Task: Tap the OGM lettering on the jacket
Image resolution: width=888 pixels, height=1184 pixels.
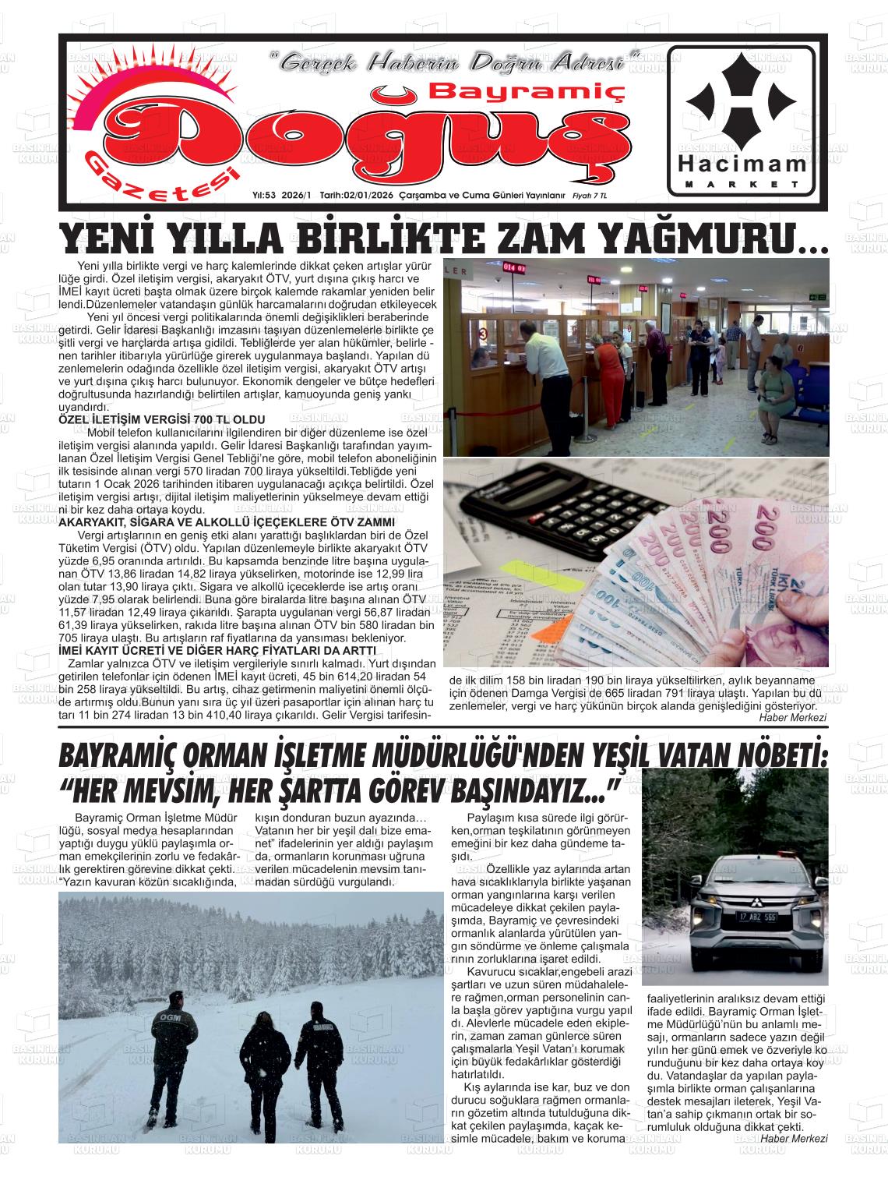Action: coord(167,1017)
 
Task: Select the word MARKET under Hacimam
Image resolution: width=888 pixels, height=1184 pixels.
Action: coord(742,185)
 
